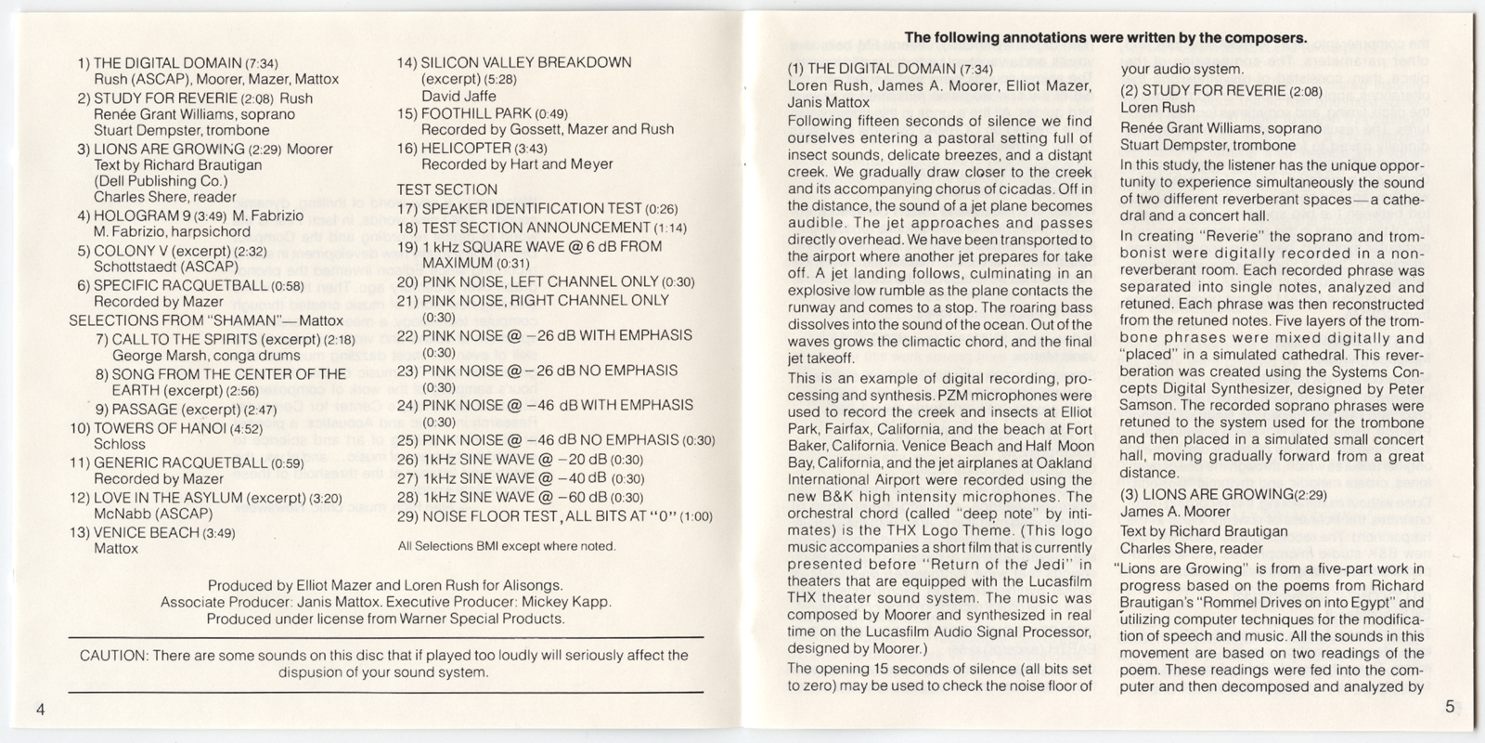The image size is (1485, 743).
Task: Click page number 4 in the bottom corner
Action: (x=40, y=709)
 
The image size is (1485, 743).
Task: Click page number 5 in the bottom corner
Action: (x=1449, y=707)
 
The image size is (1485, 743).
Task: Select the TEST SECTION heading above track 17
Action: (x=446, y=189)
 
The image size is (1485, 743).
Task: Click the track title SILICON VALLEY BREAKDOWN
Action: (x=526, y=62)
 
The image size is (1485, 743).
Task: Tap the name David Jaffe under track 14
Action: (x=458, y=96)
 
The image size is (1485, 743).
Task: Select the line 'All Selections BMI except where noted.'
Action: (x=506, y=546)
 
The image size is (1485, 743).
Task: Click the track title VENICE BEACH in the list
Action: (x=147, y=532)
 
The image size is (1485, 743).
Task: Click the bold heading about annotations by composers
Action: (x=1105, y=38)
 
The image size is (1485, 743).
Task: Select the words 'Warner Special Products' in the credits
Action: (x=488, y=619)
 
